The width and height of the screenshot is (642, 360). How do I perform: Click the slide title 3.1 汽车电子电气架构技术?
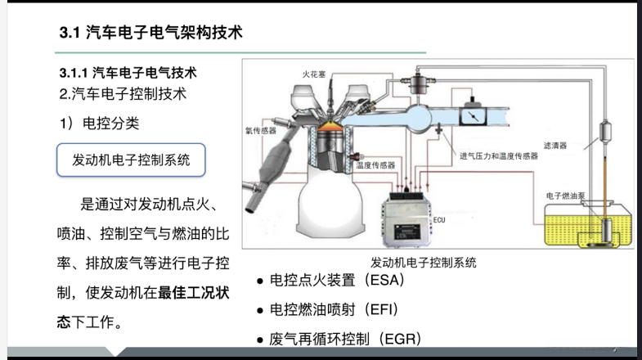(151, 34)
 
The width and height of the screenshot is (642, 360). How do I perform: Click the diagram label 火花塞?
(314, 74)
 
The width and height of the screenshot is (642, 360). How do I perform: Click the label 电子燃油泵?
(563, 196)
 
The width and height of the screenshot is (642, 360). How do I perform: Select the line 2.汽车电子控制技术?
(123, 93)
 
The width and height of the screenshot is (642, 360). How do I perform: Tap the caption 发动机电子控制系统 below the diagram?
(423, 263)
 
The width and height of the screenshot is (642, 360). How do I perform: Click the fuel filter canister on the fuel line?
(606, 133)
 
